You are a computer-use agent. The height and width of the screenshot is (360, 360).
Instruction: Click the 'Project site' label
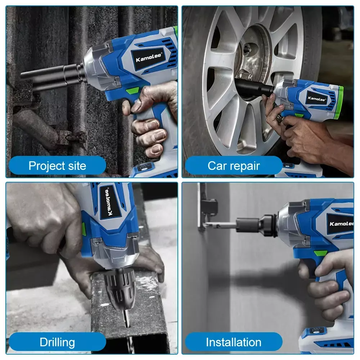tap(57, 166)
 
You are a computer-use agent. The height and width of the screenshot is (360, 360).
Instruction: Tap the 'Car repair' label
tap(234, 166)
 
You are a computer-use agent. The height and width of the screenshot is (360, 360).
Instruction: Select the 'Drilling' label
tap(57, 342)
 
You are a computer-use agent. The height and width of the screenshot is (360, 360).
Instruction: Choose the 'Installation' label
tap(234, 342)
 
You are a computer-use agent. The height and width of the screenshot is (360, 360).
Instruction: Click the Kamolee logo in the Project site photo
tap(149, 57)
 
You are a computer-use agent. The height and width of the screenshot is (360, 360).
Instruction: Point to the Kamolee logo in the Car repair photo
tap(316, 99)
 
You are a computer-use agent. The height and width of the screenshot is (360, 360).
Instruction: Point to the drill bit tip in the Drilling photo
tap(128, 326)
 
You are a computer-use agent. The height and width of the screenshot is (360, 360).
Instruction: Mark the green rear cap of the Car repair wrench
tap(339, 102)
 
